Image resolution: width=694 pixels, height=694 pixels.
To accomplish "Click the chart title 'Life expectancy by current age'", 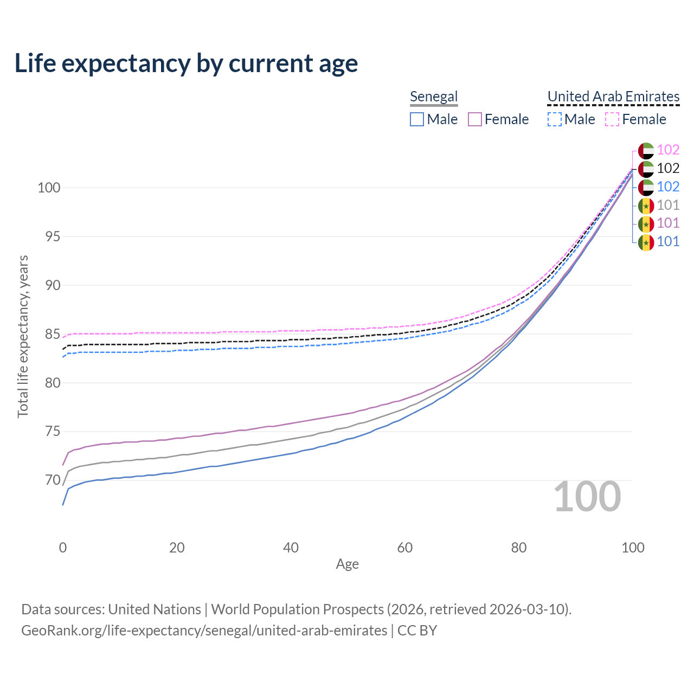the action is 186,63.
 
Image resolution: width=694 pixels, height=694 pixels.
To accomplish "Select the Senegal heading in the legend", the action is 434,97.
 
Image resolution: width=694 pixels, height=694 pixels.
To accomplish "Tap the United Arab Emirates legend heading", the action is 613,97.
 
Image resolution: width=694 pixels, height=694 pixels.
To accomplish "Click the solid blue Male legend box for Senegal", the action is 417,119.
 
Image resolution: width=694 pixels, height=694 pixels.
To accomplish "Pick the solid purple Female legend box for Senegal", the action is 474,119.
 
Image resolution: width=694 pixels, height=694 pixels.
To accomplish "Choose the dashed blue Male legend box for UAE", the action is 554,119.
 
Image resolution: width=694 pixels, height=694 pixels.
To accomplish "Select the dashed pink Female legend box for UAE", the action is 612,119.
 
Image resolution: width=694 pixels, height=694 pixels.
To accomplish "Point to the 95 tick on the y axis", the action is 53,236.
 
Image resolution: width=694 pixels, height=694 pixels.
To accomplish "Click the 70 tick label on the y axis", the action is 53,480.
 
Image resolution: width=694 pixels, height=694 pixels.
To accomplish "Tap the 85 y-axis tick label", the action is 53,334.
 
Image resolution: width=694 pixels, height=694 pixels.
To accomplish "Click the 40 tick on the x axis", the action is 291,548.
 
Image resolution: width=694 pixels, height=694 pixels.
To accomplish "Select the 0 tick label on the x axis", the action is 63,548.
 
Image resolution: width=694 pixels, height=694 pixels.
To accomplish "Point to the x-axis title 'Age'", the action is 347,564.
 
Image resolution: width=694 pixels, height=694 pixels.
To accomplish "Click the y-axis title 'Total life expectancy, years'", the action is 23,337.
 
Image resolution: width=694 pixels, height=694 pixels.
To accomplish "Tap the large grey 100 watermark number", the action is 587,497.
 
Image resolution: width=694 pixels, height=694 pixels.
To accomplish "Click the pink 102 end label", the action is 668,150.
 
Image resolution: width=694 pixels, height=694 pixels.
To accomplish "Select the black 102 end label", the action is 668,168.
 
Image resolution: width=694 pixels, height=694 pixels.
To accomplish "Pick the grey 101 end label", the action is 668,205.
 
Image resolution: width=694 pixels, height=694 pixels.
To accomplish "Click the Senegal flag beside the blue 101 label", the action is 646,242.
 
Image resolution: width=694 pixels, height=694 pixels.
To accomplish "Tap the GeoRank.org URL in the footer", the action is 204,631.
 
